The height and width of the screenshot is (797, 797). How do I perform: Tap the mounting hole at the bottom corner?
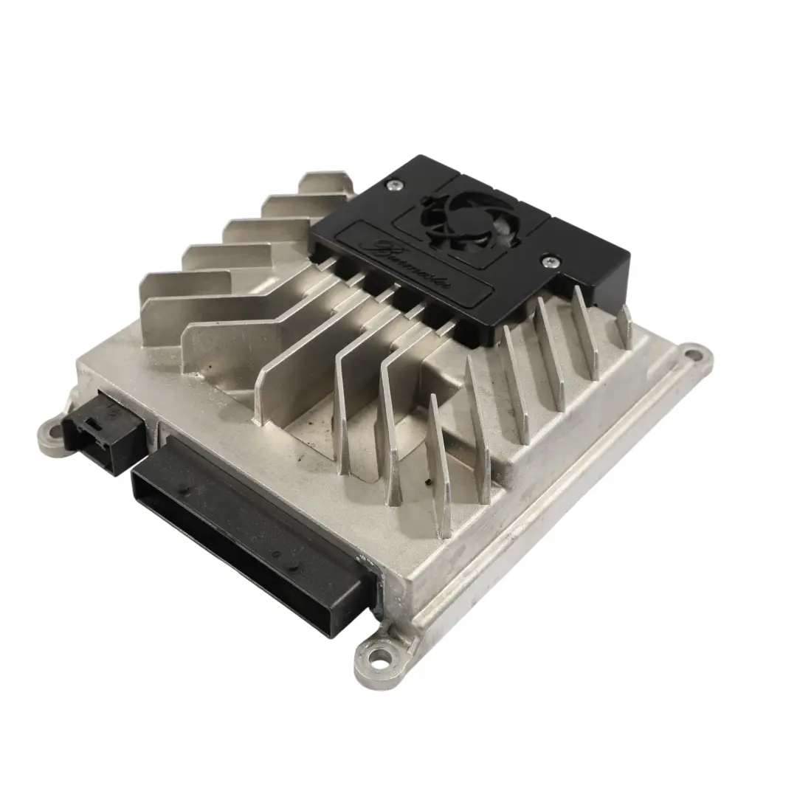[378, 652]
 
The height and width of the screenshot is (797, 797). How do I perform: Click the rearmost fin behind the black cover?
[325, 182]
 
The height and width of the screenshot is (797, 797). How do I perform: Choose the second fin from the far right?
[587, 332]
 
